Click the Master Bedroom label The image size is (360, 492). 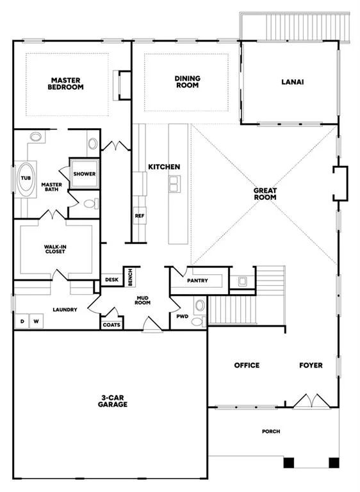65,84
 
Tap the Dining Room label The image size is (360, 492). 188,81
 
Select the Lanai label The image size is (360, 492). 293,82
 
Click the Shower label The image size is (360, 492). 85,174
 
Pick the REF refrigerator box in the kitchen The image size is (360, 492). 140,215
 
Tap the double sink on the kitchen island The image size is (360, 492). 174,184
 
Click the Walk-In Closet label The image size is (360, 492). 55,249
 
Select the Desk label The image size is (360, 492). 111,279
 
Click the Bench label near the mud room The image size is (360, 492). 130,277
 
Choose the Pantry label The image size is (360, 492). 197,281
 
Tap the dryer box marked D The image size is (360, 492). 22,322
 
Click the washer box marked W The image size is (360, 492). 37,322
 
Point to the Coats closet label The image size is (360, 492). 111,325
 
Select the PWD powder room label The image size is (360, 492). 183,316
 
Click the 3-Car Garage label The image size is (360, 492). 113,401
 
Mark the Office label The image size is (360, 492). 247,365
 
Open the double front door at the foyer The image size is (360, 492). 311,401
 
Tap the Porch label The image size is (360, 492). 271,431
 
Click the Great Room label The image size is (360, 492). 265,194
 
